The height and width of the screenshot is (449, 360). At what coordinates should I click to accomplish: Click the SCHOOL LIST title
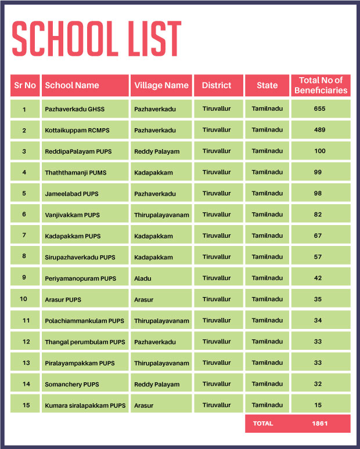click(96, 39)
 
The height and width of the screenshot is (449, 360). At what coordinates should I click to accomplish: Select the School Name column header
click(72, 85)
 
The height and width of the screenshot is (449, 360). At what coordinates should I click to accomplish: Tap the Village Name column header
click(161, 85)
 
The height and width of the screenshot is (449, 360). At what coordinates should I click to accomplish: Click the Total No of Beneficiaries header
click(321, 85)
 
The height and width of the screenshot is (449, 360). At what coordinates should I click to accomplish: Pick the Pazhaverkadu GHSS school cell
click(74, 109)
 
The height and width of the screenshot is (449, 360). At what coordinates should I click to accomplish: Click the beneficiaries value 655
click(320, 108)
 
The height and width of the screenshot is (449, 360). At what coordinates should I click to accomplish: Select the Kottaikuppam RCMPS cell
click(78, 130)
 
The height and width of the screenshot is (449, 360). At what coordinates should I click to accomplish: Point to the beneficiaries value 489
click(320, 130)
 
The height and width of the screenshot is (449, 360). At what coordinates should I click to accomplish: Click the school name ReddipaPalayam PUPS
click(78, 151)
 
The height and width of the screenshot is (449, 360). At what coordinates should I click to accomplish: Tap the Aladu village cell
click(143, 278)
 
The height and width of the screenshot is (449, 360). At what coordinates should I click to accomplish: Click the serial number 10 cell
click(24, 299)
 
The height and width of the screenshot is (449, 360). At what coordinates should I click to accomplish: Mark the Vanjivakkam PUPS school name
click(72, 215)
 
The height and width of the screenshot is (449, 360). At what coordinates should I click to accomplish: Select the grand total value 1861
click(319, 423)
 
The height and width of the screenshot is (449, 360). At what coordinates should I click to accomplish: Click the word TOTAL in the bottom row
click(262, 423)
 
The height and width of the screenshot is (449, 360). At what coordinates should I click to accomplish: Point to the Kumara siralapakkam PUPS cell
click(85, 405)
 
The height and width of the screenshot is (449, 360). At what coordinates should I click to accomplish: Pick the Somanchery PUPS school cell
click(72, 384)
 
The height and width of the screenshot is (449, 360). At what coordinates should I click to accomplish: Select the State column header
click(267, 85)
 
